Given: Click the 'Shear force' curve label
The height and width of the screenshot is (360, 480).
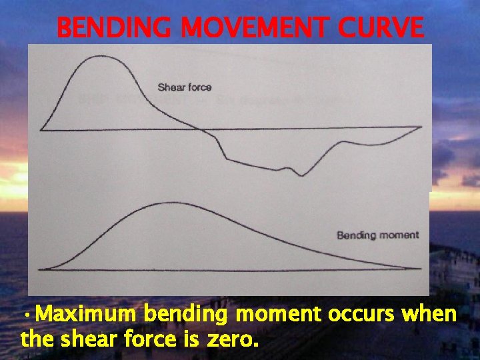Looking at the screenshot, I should pyautogui.click(x=185, y=87).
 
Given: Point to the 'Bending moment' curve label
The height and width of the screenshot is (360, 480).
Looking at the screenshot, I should pyautogui.click(x=377, y=235).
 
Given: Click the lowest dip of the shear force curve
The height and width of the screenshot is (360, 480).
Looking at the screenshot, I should pyautogui.click(x=303, y=175).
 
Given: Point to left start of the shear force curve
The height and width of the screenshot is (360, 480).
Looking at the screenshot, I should pyautogui.click(x=42, y=129).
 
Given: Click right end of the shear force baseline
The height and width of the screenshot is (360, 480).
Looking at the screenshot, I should pyautogui.click(x=421, y=126).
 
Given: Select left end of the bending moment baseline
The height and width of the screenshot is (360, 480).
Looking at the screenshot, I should pyautogui.click(x=40, y=269).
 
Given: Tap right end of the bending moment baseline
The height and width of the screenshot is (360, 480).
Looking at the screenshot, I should pyautogui.click(x=421, y=269).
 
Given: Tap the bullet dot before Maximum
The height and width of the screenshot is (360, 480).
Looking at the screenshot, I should pyautogui.click(x=25, y=315).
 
